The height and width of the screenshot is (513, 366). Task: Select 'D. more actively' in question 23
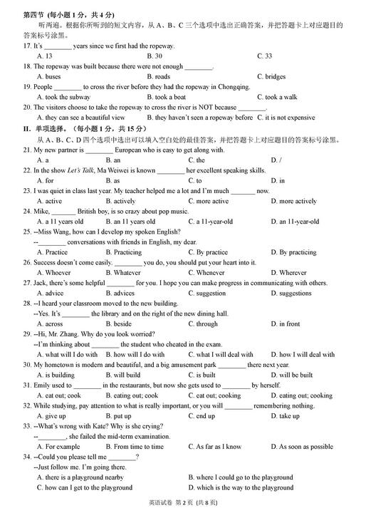tap(293, 201)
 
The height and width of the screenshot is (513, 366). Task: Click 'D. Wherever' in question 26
tap(288, 273)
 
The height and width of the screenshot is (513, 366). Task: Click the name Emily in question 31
tap(43, 385)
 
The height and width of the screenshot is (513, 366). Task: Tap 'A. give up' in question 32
tap(51, 416)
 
